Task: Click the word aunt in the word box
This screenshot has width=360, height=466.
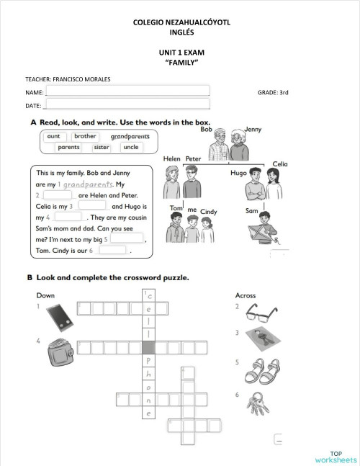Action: click(53, 135)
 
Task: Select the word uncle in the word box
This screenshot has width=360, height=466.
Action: click(130, 147)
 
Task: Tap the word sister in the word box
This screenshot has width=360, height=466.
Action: click(102, 147)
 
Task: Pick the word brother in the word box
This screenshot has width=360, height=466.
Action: click(85, 135)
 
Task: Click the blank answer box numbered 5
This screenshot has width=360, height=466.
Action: click(127, 238)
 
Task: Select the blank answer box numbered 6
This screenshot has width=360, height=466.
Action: click(112, 251)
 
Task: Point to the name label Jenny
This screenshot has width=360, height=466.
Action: click(253, 129)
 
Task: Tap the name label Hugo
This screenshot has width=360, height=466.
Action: click(238, 174)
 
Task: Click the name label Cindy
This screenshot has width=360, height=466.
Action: click(209, 212)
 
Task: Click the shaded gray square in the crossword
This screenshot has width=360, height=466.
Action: click(149, 347)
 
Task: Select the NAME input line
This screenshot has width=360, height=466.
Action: click(127, 91)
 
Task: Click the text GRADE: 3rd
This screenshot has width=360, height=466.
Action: click(273, 93)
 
